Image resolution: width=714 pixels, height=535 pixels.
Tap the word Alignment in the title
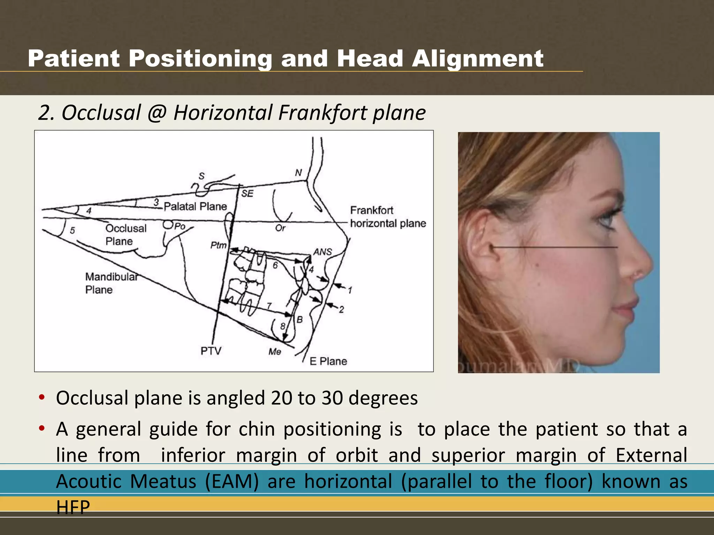coord(477,59)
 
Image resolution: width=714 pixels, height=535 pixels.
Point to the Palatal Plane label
coord(195,206)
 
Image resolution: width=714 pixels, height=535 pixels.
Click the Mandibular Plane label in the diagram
coord(111,283)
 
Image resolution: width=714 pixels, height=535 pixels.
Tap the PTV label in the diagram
coord(211,350)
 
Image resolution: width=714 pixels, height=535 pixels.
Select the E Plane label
coord(328,361)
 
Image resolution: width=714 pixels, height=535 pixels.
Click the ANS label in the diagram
coord(322,251)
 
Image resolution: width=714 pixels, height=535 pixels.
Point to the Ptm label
coord(218,245)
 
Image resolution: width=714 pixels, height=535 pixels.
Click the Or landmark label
coord(280,228)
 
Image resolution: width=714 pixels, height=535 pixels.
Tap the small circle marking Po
coord(168,225)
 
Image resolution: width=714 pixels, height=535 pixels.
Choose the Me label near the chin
coord(275,351)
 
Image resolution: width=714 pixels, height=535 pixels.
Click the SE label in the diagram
coord(247,193)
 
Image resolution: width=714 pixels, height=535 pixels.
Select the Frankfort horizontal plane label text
coord(388,217)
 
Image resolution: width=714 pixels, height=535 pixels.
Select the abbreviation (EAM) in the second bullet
coord(232,481)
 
